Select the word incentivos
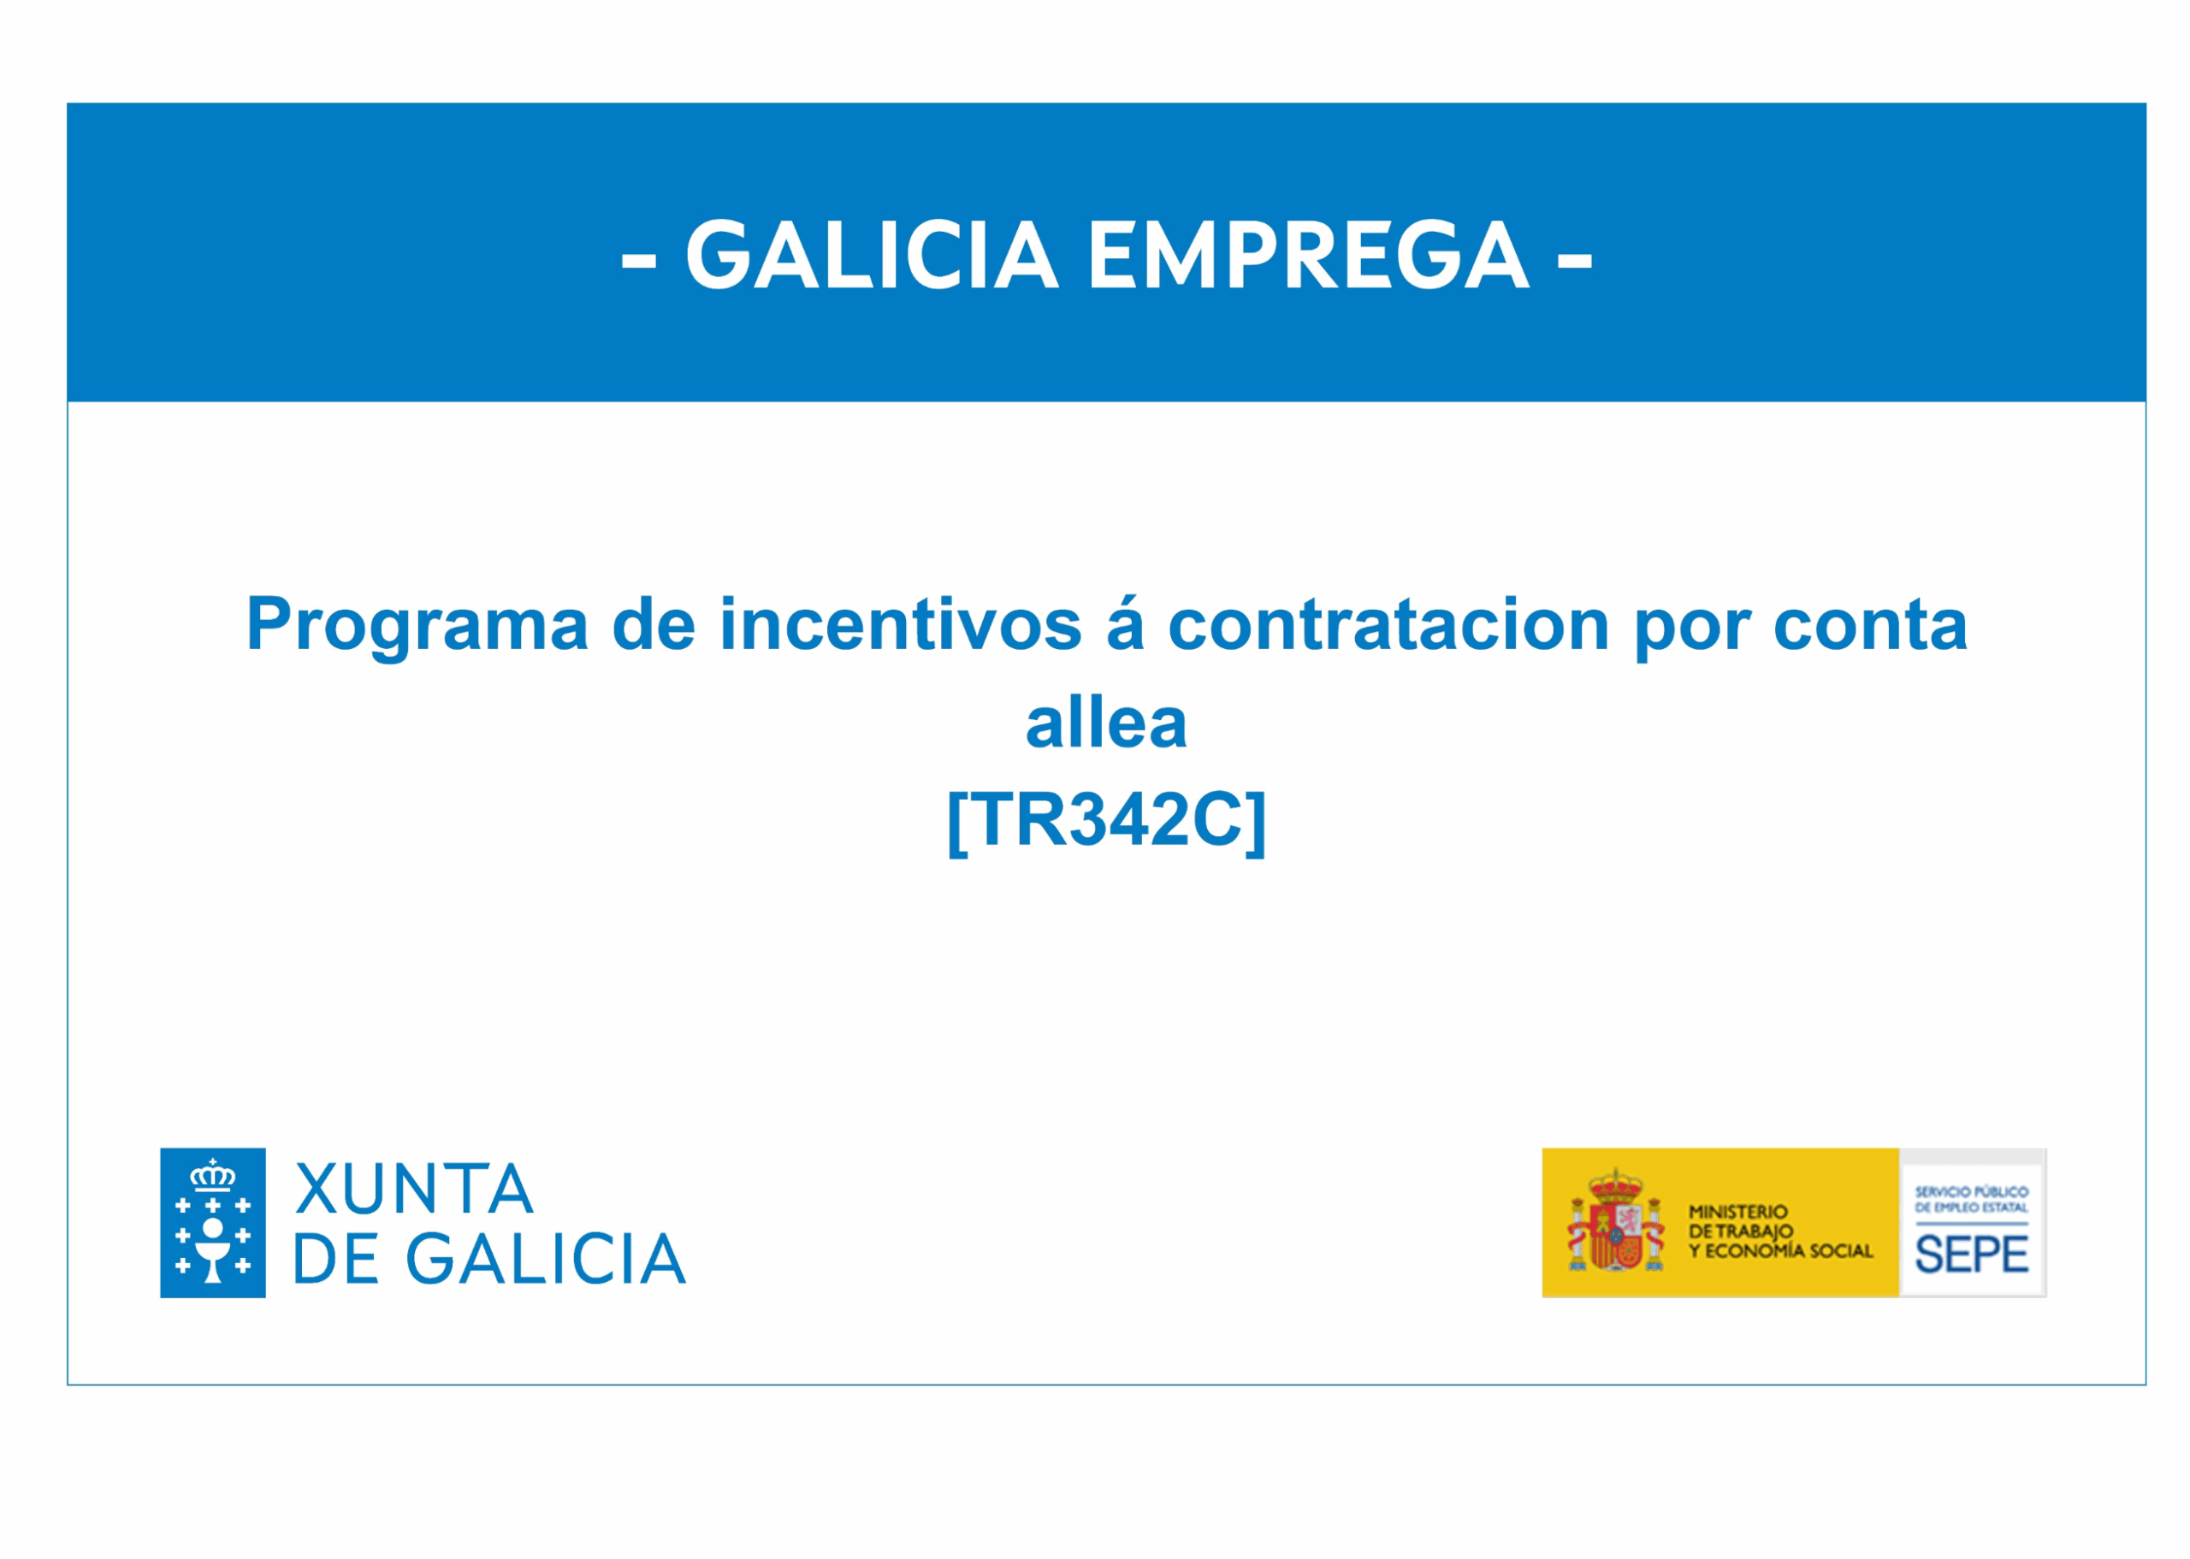pyautogui.click(x=901, y=624)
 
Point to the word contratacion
pyautogui.click(x=1388, y=626)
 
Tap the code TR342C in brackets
pyautogui.click(x=1106, y=821)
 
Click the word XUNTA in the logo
pyautogui.click(x=414, y=1190)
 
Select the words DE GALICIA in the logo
pyautogui.click(x=489, y=1259)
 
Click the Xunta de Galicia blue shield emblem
pyautogui.click(x=212, y=1222)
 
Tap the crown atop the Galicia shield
pyautogui.click(x=212, y=1175)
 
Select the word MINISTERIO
pyautogui.click(x=1739, y=1212)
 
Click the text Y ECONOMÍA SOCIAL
pyautogui.click(x=1781, y=1251)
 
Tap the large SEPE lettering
pyautogui.click(x=1972, y=1254)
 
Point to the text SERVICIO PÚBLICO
pyautogui.click(x=1972, y=1191)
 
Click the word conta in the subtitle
pyautogui.click(x=1870, y=626)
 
